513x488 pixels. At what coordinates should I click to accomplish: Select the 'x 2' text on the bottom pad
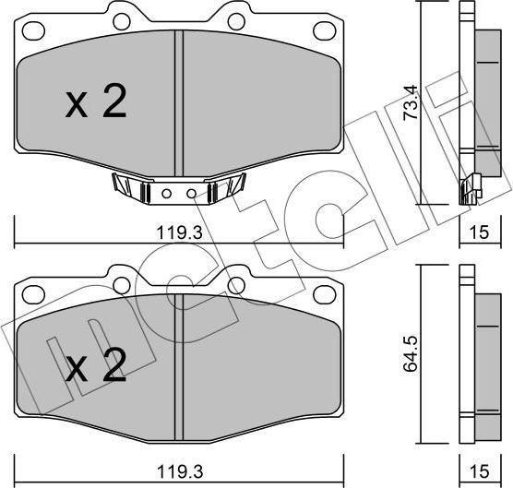pyautogui.click(x=96, y=369)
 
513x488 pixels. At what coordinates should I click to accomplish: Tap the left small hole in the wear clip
pyautogui.click(x=167, y=195)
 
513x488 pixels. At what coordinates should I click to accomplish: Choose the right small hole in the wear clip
pyautogui.click(x=190, y=195)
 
